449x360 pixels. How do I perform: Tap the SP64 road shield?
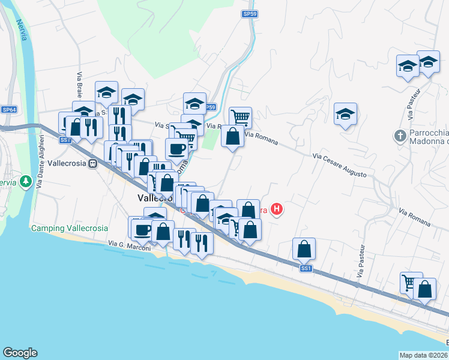9,110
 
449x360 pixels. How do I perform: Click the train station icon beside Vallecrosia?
93,163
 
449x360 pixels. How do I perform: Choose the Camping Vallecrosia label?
70,229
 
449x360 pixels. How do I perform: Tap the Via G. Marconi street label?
128,244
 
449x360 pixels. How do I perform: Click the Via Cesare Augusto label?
340,164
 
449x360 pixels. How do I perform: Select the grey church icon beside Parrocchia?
400,136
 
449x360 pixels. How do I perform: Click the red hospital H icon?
277,209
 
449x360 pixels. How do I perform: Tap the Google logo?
20,353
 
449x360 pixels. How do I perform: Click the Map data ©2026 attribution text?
423,355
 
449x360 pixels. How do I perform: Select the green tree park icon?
26,181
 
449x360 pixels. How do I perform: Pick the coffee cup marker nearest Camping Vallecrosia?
143,230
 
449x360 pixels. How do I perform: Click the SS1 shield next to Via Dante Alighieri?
65,140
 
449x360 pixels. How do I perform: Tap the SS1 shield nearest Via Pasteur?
306,268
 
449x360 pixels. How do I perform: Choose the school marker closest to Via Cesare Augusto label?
346,114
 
